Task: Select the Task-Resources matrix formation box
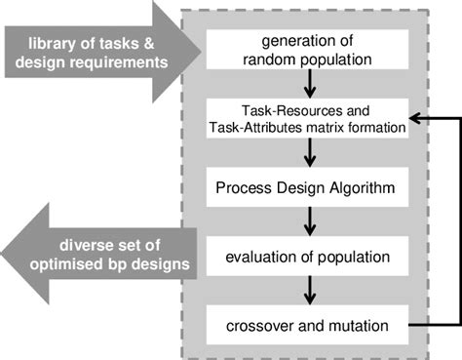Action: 307,118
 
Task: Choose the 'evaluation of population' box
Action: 307,258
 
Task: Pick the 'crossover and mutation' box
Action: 307,323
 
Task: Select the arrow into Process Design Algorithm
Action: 308,153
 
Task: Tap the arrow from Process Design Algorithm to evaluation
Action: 308,223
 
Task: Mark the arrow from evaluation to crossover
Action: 308,291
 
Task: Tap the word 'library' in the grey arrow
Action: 50,43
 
